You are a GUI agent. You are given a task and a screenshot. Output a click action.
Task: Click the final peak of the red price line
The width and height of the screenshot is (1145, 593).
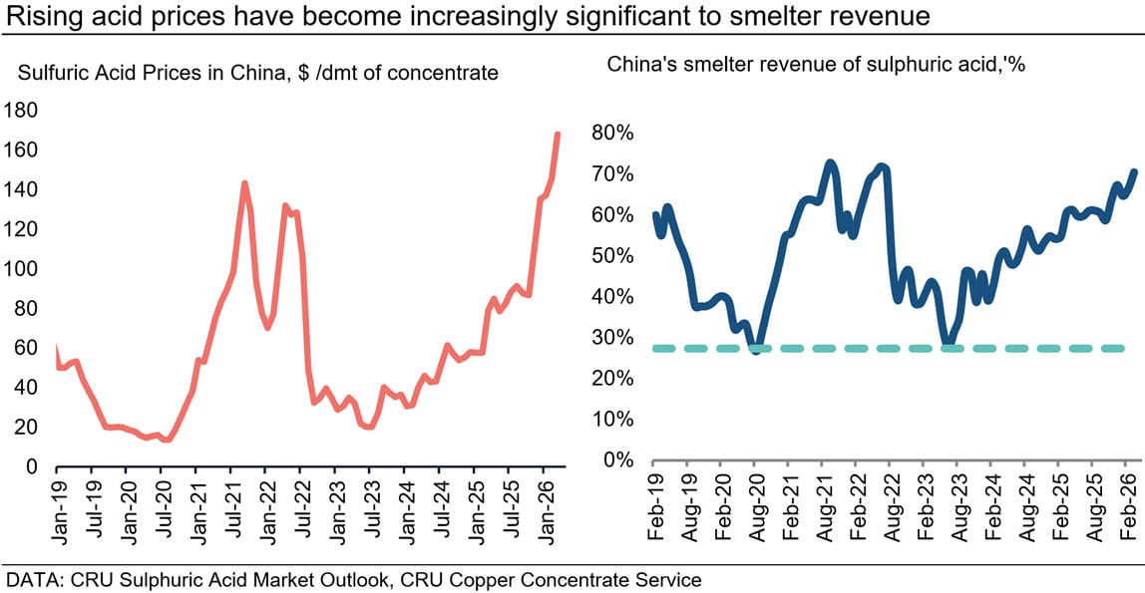click(558, 134)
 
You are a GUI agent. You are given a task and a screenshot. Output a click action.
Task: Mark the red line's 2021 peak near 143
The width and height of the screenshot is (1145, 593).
click(243, 183)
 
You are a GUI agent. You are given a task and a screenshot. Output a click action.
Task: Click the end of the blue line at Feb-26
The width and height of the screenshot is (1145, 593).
click(1134, 171)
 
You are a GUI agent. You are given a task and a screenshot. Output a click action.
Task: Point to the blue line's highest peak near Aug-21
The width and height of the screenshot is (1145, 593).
click(830, 162)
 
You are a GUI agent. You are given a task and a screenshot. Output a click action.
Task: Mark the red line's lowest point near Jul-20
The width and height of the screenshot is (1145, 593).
click(166, 440)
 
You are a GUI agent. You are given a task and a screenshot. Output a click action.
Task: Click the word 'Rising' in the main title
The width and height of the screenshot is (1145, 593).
click(41, 16)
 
